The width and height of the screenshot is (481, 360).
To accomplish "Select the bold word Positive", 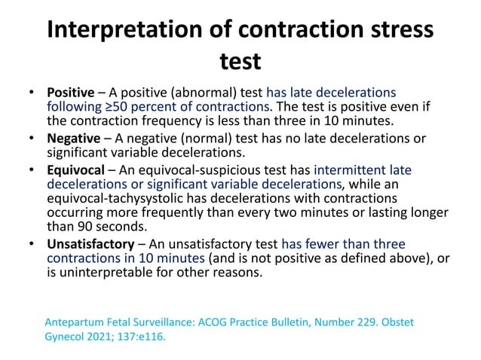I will point(70,93).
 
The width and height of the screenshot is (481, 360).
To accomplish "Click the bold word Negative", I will point(73,139).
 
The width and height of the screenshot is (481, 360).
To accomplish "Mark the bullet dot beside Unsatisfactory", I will point(32,244).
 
